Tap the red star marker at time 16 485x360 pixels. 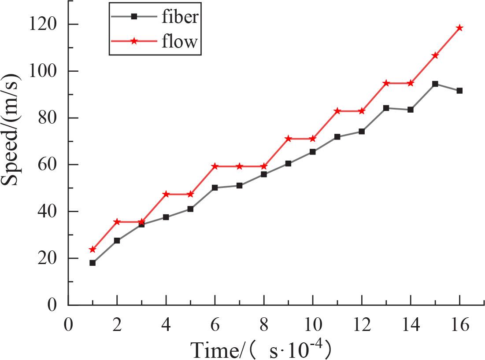pyautogui.click(x=459, y=28)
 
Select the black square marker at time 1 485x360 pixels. pyautogui.click(x=93, y=263)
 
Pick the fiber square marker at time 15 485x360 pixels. pyautogui.click(x=435, y=84)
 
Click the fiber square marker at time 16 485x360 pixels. pyautogui.click(x=459, y=91)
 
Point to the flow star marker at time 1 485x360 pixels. pyautogui.click(x=93, y=250)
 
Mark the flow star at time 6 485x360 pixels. pyautogui.click(x=215, y=166)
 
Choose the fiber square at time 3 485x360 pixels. pyautogui.click(x=141, y=224)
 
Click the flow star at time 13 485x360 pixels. pyautogui.click(x=386, y=83)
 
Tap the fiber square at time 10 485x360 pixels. pyautogui.click(x=313, y=152)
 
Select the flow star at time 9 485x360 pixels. pyautogui.click(x=289, y=139)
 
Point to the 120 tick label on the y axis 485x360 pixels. pyautogui.click(x=43, y=24)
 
